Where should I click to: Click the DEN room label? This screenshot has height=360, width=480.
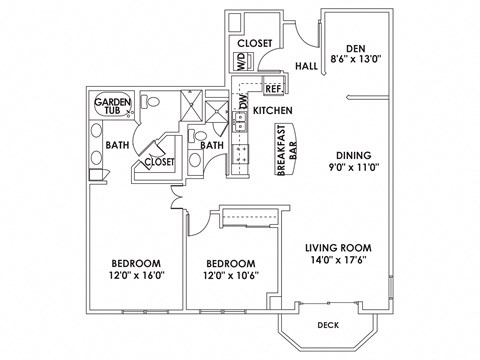[355, 47]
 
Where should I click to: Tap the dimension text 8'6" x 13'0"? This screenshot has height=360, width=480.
[355, 60]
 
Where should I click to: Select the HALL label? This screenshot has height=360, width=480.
[306, 67]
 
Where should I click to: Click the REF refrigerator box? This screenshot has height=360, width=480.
[272, 88]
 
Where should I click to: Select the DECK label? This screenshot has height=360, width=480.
[328, 325]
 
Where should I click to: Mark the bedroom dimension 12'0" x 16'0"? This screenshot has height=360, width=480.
[134, 276]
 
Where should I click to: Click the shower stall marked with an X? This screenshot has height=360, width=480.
[188, 105]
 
